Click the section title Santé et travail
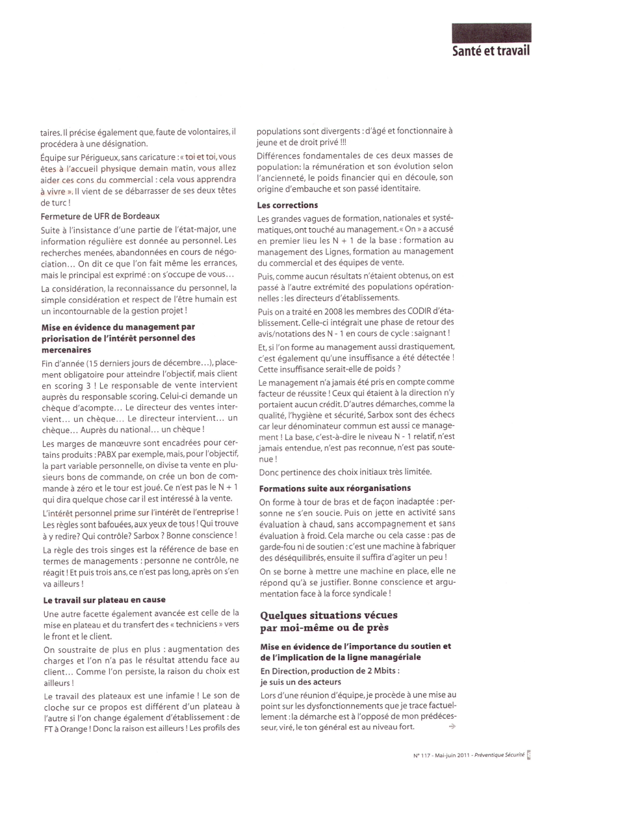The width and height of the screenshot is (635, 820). [491, 51]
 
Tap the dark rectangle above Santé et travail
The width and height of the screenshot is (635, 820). [491, 33]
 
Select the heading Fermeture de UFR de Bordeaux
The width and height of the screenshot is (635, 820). [100, 216]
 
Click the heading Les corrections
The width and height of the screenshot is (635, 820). [287, 205]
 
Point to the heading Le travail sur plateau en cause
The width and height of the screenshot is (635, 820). [105, 600]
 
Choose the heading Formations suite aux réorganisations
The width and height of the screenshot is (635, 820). [335, 488]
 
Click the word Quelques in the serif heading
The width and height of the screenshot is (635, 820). [283, 615]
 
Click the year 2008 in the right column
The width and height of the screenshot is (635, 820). [333, 311]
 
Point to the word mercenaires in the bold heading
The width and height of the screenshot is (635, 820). [66, 349]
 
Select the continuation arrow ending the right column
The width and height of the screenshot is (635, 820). [452, 726]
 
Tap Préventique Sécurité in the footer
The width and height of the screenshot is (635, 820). [499, 755]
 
